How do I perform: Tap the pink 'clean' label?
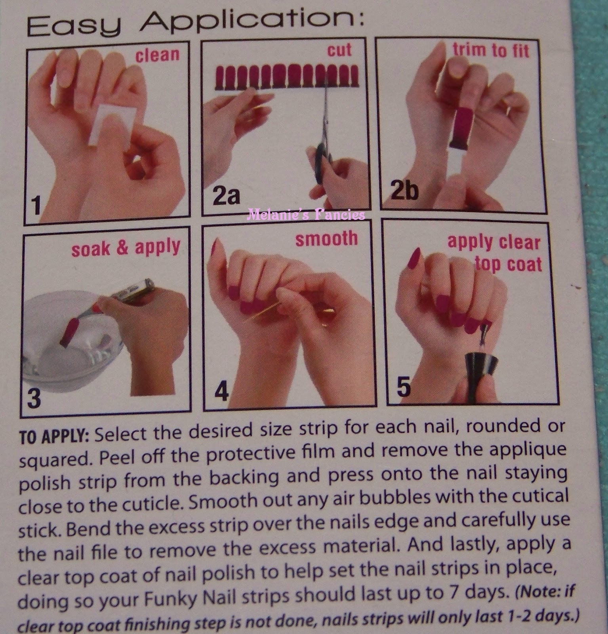157,55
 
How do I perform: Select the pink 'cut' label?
339,50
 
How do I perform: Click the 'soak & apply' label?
126,248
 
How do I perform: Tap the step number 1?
36,206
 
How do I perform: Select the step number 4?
221,391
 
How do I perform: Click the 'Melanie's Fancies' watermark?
305,215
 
